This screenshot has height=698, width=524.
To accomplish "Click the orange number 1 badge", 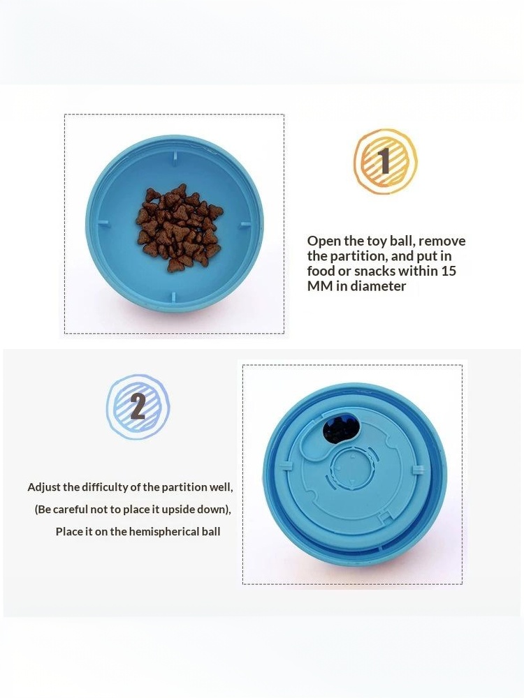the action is click(x=386, y=161).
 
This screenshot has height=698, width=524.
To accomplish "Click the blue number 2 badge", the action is click(x=138, y=407).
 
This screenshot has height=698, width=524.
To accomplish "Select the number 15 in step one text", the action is click(x=449, y=271).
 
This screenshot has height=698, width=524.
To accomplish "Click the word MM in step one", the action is click(x=320, y=285).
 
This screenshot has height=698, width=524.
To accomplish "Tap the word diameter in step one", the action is click(x=378, y=285).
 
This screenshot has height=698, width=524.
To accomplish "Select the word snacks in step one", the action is click(x=374, y=271).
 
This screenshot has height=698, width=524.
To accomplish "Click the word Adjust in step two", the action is click(x=43, y=487).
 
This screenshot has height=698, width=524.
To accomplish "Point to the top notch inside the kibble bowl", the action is click(x=175, y=156).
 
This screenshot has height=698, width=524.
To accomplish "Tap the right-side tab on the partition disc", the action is click(x=418, y=470).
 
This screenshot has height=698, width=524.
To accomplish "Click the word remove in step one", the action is click(x=442, y=242).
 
